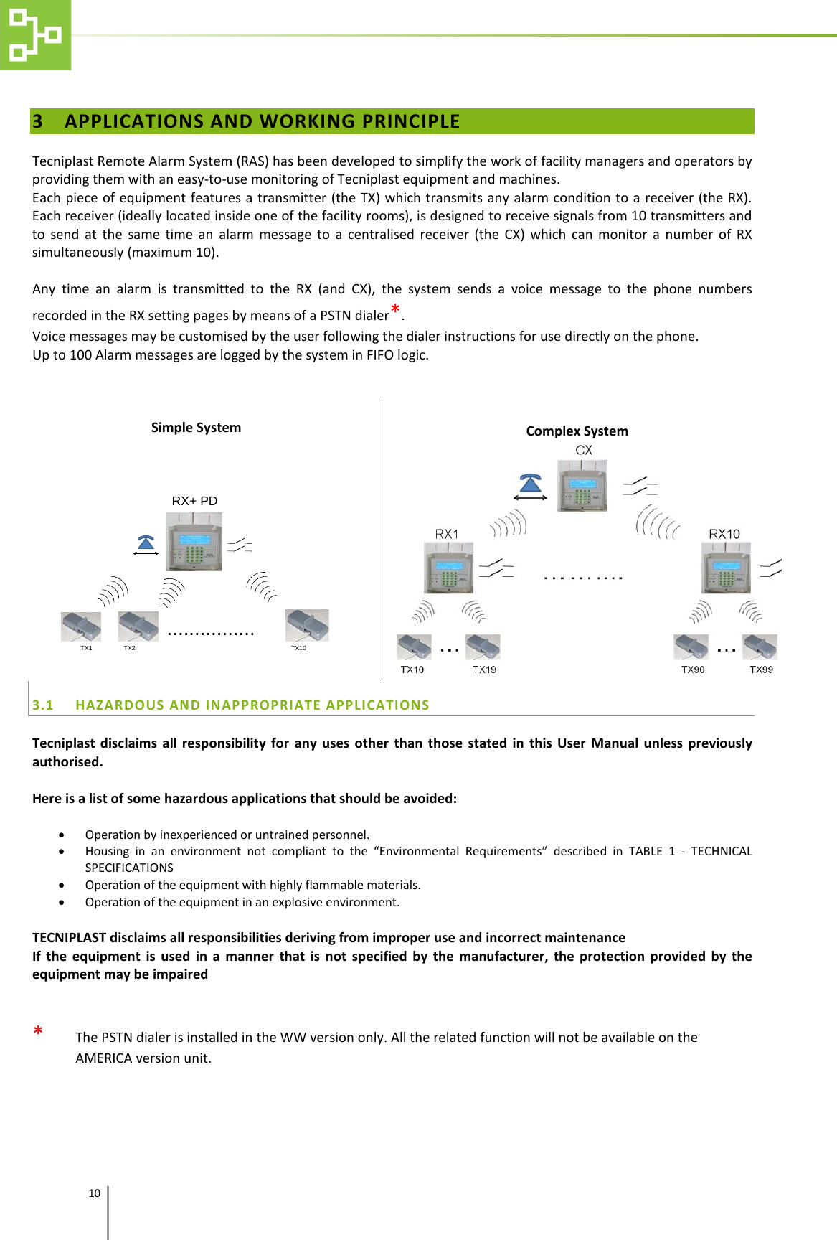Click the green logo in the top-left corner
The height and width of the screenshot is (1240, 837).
[35, 34]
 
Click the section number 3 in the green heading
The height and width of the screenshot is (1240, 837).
[38, 121]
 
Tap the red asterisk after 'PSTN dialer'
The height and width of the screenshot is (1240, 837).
[395, 310]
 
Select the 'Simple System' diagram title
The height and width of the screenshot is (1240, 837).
[196, 428]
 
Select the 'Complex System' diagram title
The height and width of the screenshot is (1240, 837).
[577, 431]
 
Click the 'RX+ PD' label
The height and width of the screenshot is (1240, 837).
[194, 501]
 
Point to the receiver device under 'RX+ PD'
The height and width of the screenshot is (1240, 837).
[194, 542]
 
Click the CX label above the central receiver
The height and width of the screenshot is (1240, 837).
[584, 450]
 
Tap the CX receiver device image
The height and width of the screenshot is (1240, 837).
[582, 486]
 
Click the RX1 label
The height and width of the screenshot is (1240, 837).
[446, 534]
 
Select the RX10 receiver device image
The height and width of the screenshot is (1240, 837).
[726, 567]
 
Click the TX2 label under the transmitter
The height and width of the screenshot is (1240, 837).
[129, 648]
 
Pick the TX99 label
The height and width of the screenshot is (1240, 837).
[761, 670]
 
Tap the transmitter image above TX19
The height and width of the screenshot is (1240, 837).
[483, 647]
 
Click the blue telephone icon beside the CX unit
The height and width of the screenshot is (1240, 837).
[531, 484]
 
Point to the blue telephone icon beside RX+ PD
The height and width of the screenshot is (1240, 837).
[146, 543]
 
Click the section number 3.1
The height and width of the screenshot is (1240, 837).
[43, 705]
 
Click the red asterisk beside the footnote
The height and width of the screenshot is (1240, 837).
[38, 1032]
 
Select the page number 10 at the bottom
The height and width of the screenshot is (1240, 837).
[94, 1193]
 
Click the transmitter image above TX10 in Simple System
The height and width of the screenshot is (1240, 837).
[307, 625]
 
